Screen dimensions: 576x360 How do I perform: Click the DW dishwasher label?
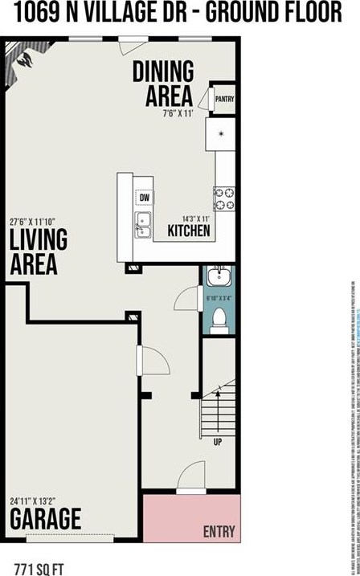(x=145, y=197)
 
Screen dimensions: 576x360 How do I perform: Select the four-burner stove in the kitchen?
(x=223, y=198)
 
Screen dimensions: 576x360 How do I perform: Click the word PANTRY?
(x=224, y=99)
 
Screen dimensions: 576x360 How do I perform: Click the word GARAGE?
(x=45, y=519)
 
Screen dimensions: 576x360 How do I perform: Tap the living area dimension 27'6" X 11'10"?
(x=38, y=221)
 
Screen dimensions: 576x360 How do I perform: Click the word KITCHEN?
(x=189, y=231)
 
